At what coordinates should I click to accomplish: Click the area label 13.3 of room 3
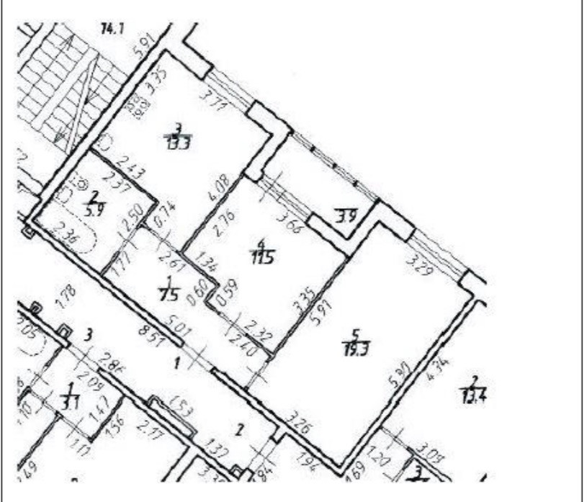178,142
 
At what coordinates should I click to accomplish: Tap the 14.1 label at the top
112,29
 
